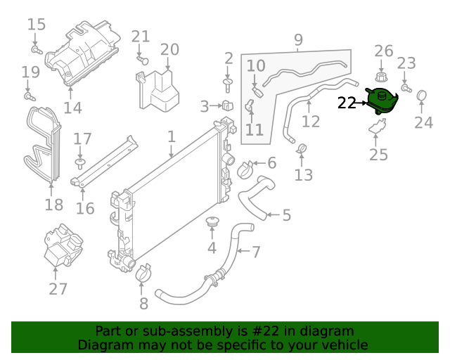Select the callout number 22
(x=347, y=103)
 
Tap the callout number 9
(x=298, y=39)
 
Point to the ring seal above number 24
(x=422, y=95)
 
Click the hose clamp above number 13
(x=302, y=148)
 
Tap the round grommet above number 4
(x=211, y=223)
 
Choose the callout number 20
(x=169, y=49)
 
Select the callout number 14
(x=72, y=108)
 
